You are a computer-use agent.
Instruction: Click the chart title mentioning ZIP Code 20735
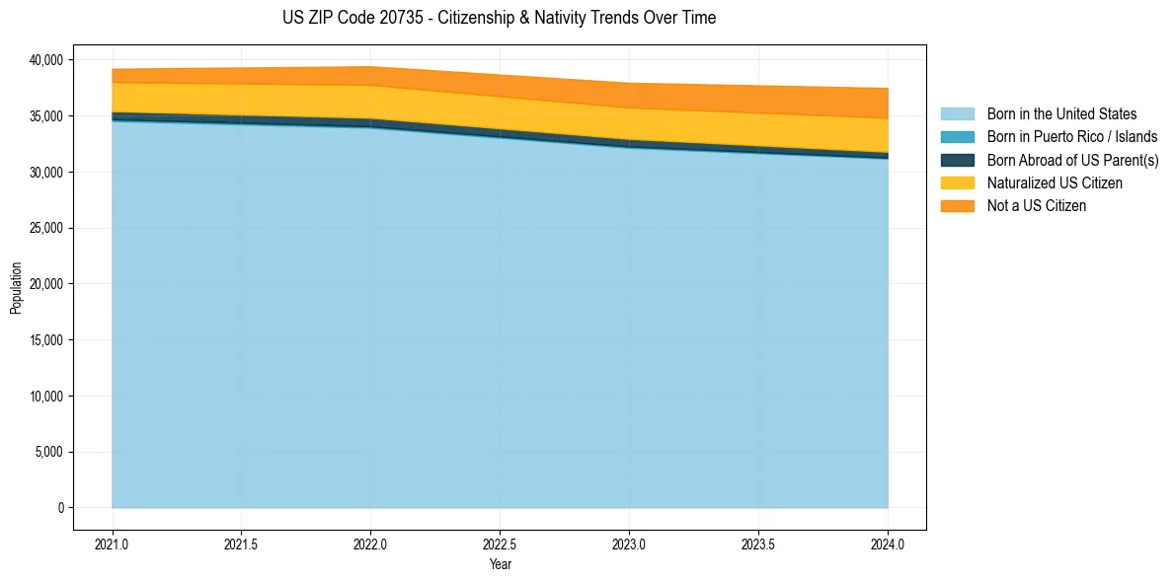[x=499, y=18]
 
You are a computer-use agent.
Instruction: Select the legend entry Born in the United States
[x=1061, y=114]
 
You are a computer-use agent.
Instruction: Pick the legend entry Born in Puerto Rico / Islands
[x=1071, y=137]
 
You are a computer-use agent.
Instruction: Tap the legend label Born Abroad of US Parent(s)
[x=1072, y=160]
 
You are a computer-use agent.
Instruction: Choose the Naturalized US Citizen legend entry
[x=1055, y=183]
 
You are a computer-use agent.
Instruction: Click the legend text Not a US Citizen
[x=1036, y=206]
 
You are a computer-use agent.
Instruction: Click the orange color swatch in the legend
[x=957, y=206]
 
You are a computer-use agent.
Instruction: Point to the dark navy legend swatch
[x=957, y=160]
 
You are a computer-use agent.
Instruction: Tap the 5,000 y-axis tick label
[x=46, y=452]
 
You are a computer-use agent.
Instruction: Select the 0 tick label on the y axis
[x=60, y=508]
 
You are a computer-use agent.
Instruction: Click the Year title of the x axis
[x=500, y=564]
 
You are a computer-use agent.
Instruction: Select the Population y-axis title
[x=16, y=288]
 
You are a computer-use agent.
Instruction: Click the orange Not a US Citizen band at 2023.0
[x=629, y=96]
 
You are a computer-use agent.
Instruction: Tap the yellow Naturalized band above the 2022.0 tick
[x=370, y=102]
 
